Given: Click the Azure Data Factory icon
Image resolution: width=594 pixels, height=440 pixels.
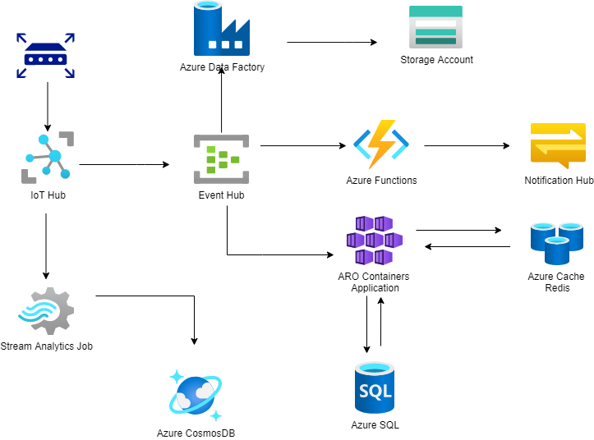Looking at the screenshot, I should click(x=221, y=29).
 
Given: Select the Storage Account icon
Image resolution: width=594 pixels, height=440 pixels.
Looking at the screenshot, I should click(x=435, y=26).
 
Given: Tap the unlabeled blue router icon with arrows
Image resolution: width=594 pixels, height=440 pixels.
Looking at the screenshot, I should click(x=45, y=56).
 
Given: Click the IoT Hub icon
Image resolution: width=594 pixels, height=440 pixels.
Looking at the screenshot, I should click(x=48, y=157).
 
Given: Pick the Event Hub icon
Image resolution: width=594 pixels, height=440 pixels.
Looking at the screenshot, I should click(x=221, y=159).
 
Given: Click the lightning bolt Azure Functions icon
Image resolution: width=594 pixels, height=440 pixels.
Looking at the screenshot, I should click(x=381, y=144).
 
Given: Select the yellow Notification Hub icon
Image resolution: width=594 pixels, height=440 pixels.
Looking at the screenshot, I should click(x=558, y=145).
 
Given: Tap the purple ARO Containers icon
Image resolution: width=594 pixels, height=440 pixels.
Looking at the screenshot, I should click(x=375, y=241).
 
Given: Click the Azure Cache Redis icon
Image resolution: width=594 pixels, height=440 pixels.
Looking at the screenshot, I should click(x=556, y=243).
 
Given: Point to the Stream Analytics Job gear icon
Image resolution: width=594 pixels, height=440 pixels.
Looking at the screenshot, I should click(x=47, y=311).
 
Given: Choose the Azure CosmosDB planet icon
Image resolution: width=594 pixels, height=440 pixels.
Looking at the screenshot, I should click(x=196, y=396).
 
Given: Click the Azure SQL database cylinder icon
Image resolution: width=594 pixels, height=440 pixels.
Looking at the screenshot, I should click(x=375, y=388).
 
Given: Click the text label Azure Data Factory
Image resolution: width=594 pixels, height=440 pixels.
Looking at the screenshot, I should click(x=222, y=67).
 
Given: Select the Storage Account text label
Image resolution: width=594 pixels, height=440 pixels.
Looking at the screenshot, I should click(x=436, y=60).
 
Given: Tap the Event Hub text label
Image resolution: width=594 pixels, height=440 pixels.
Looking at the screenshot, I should click(x=221, y=195).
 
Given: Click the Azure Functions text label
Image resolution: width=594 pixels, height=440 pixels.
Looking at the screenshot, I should click(x=381, y=181).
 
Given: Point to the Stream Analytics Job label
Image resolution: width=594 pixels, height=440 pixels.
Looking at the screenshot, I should click(x=46, y=346).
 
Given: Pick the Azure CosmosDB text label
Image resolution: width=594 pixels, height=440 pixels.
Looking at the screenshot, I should click(x=196, y=433).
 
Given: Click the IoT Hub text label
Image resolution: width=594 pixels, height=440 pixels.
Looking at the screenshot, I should click(x=48, y=195).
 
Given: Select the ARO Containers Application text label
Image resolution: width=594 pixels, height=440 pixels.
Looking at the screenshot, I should click(x=375, y=282).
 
